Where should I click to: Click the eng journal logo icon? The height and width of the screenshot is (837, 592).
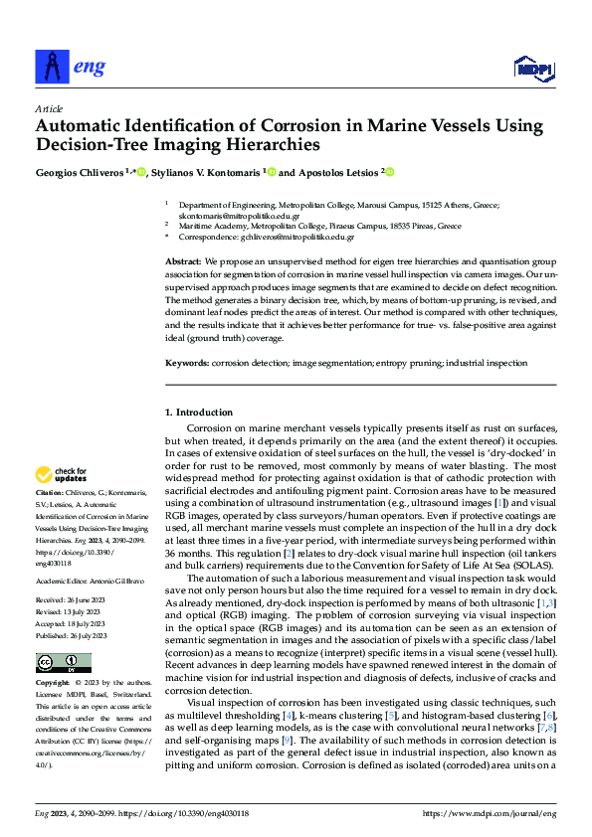pos(51,66)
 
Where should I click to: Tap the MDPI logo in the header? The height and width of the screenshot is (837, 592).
pos(532,68)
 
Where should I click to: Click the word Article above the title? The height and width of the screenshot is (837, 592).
pos(48,107)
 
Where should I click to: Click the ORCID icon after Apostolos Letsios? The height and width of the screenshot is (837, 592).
pos(390,172)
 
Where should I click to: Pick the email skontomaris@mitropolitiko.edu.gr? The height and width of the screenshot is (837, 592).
pos(225,215)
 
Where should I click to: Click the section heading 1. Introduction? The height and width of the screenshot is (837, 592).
pos(198,412)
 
